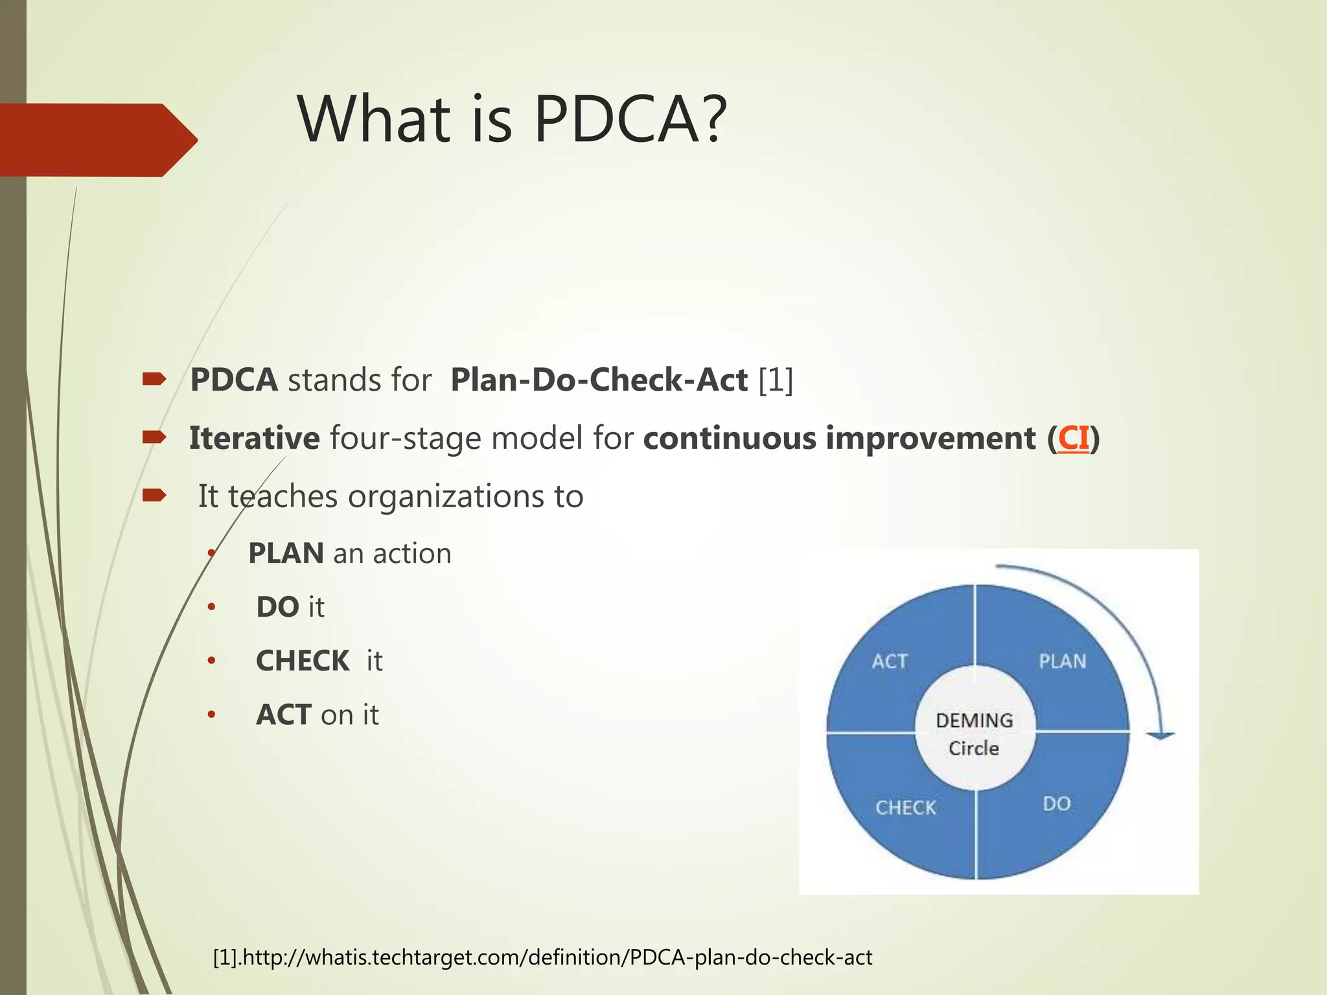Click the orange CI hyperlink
click(1072, 439)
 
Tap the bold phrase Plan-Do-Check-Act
click(599, 380)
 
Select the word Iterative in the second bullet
click(254, 439)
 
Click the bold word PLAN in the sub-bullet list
click(286, 554)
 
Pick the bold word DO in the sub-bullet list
click(277, 608)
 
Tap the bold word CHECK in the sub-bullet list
click(303, 661)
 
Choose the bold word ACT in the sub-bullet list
click(283, 715)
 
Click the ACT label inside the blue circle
click(890, 661)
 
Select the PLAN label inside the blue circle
click(1062, 661)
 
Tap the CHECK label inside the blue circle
click(906, 808)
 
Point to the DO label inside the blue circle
click(1056, 804)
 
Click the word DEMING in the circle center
click(974, 720)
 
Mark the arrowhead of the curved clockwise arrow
click(1160, 735)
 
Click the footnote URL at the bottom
click(555, 957)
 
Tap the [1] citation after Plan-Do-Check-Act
click(775, 380)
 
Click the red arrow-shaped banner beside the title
click(97, 140)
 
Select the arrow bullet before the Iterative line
click(154, 438)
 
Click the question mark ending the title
click(714, 120)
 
